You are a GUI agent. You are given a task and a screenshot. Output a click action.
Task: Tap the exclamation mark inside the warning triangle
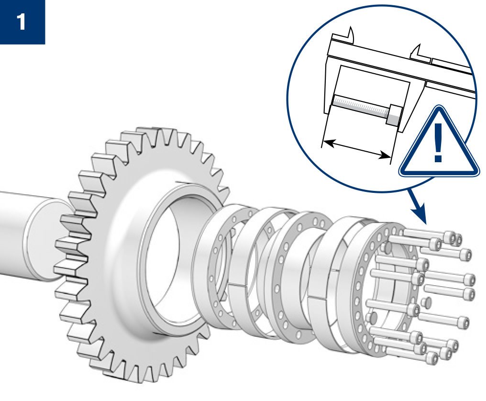point(438,142)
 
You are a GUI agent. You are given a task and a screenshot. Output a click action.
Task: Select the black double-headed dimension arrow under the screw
point(356,149)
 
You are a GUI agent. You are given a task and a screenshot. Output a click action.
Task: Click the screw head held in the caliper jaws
point(394,115)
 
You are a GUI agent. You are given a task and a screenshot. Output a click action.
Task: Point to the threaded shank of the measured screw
point(360,106)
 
